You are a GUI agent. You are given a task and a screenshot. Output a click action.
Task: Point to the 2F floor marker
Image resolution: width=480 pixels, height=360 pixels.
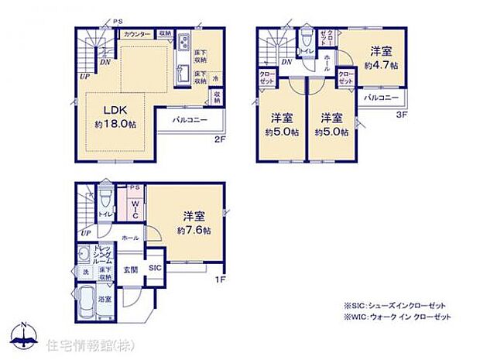click(x=220, y=139)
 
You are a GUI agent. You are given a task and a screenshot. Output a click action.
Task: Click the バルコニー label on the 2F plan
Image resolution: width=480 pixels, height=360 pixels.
click(x=188, y=121)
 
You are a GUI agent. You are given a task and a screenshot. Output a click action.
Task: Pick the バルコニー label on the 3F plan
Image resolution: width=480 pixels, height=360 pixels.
click(x=380, y=98)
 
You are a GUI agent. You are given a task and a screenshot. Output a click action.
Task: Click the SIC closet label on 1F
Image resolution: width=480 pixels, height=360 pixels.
click(x=156, y=267)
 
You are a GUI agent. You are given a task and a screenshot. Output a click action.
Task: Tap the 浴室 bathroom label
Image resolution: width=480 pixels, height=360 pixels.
click(x=104, y=298)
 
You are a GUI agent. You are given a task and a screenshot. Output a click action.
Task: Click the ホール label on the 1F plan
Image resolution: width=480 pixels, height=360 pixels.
click(x=131, y=238)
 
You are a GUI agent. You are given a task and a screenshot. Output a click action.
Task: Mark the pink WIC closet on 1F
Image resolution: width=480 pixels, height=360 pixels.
click(x=133, y=208)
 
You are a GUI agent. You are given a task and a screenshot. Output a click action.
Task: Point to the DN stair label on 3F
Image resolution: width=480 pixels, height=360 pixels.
click(x=286, y=62)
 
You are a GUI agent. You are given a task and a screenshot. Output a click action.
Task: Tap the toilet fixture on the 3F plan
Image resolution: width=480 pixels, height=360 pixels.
click(x=307, y=38)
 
